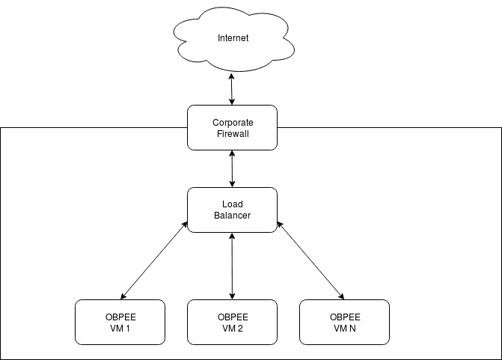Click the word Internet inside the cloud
(233, 38)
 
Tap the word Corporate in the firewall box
(233, 122)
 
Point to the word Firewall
(233, 133)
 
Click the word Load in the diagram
(233, 204)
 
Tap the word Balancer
(233, 216)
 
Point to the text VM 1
(120, 328)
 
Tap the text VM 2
(233, 328)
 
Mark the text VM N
(345, 328)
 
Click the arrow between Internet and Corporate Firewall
(233, 90)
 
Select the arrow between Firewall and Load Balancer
(233, 168)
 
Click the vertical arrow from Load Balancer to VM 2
(233, 266)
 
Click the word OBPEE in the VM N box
(345, 317)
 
